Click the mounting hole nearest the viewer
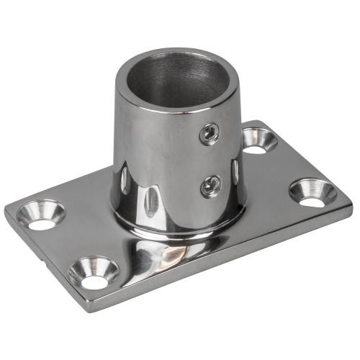pyautogui.click(x=94, y=271)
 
